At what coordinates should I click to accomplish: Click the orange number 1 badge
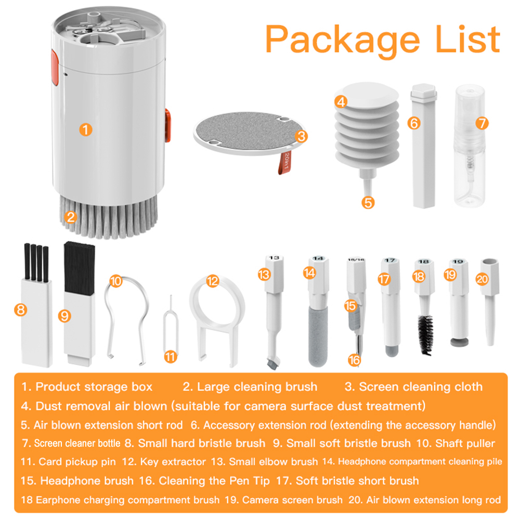coord(86,129)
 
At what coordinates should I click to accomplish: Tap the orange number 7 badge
coord(482,123)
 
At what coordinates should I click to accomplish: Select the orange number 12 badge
coord(212,281)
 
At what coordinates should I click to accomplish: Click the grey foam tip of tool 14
coord(317,333)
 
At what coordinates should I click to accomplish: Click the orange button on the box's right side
coord(168,125)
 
